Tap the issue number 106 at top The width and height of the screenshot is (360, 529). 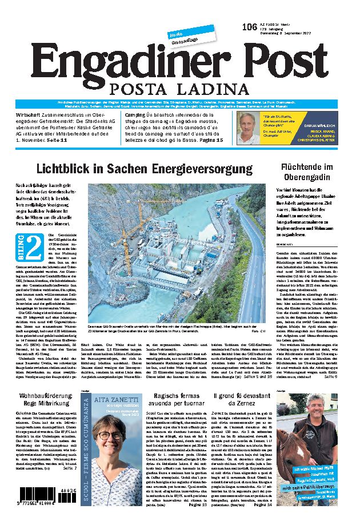point(249,27)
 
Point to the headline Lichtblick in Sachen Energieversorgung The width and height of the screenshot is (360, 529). point(144,169)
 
